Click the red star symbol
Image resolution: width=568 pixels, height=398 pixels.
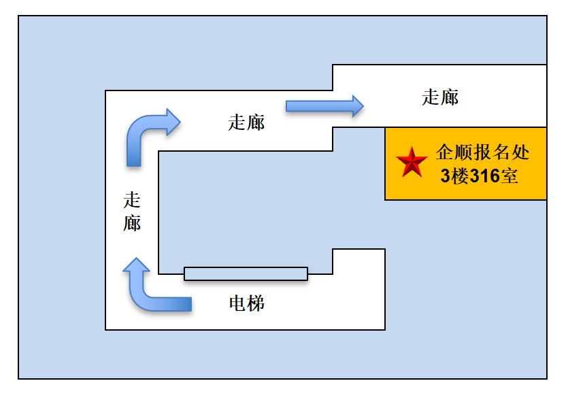[x=412, y=163]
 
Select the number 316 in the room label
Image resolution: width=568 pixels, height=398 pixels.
[x=484, y=177]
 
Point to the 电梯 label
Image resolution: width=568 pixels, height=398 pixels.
[x=246, y=303]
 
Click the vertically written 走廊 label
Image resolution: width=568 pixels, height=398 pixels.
[x=132, y=212]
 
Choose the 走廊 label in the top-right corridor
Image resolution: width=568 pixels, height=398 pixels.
[x=440, y=97]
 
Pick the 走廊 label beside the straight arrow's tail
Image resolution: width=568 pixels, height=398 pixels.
[x=246, y=122]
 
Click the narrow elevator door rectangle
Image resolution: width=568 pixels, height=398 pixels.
[x=246, y=273]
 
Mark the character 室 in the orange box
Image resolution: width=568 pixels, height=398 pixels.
[x=509, y=177]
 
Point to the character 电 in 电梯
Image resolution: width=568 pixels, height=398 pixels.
[x=237, y=303]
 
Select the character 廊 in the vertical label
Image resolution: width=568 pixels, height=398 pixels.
[x=132, y=222]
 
